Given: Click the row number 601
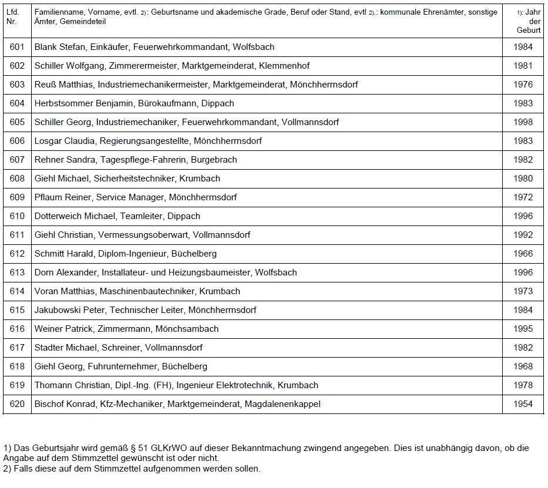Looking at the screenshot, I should tap(18, 47).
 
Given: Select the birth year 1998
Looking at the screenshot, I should tap(522, 122).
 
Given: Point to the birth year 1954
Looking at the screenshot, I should tap(522, 404).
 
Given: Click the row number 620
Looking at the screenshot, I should tap(18, 404).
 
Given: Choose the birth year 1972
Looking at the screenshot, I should tap(522, 197).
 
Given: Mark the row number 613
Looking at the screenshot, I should tap(18, 272).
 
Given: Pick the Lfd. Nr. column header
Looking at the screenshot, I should tap(12, 16).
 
